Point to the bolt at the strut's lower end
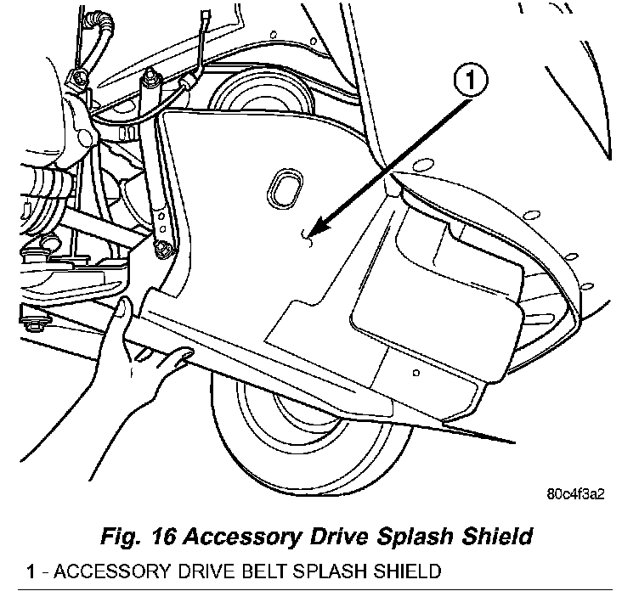pyautogui.click(x=162, y=248)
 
